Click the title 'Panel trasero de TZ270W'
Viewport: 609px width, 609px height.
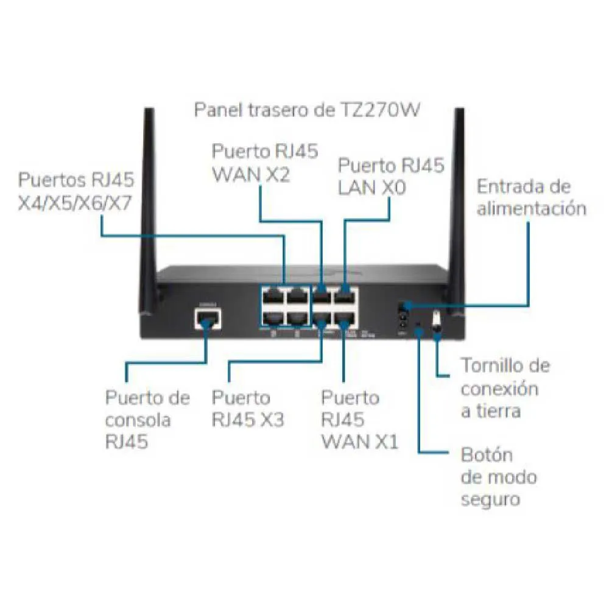[308, 110]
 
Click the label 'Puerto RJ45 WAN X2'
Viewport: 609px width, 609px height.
[264, 163]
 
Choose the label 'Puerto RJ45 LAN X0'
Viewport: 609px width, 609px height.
[391, 177]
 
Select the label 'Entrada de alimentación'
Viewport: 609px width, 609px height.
[531, 197]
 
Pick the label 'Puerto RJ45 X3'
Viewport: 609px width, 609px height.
[247, 409]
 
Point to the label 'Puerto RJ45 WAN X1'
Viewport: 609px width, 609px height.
[359, 420]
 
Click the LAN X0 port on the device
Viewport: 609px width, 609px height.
[346, 298]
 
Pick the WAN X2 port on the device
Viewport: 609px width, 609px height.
[321, 298]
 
